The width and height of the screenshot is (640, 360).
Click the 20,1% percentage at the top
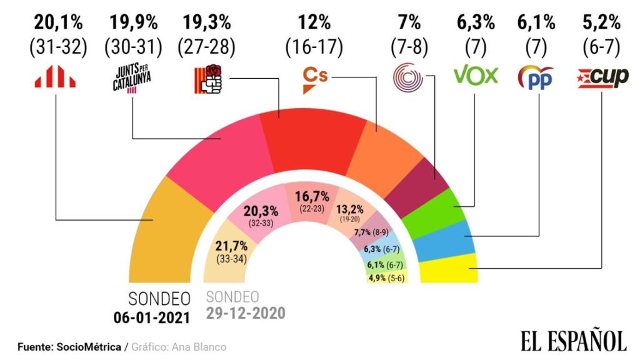click(58, 24)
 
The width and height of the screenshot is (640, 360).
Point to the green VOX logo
click(475, 76)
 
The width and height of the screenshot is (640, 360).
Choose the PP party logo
click(536, 77)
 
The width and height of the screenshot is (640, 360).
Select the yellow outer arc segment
click(449, 269)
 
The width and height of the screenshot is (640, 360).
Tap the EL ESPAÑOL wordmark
click(572, 341)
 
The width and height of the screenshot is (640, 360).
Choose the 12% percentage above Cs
click(315, 24)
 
